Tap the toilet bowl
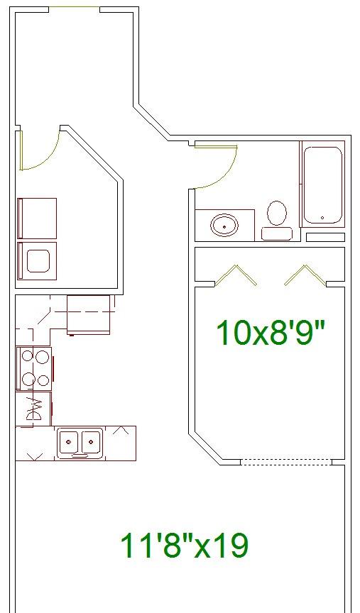point(277,213)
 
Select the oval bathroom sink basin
point(224,225)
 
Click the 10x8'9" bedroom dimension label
point(271,333)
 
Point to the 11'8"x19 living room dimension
point(184,546)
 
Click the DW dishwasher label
point(33,409)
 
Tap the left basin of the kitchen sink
point(69,442)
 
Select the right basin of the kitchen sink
point(92,442)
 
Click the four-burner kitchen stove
point(34,368)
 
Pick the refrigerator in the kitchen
point(89,315)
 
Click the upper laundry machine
point(37,218)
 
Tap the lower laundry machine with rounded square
point(37,261)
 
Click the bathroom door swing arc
point(224,175)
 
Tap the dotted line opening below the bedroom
point(285,462)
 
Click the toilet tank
point(277,233)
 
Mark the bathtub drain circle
point(322,218)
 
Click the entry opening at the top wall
point(75,7)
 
